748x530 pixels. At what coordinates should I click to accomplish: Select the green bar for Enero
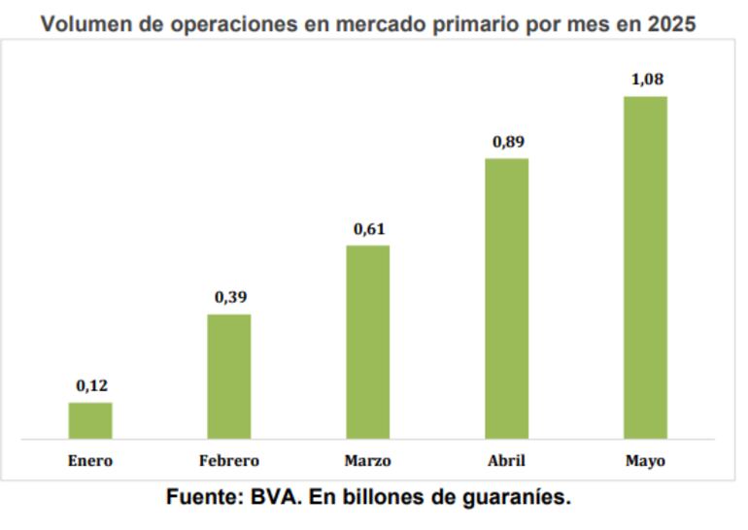coord(90,420)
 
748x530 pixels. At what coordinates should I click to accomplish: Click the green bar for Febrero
coord(229,377)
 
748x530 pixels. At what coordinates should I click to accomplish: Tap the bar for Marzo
coord(368,342)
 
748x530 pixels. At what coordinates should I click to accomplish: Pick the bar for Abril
coord(507,298)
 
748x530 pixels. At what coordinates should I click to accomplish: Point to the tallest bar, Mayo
coord(646,267)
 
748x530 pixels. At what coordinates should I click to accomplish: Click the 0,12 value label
coord(91,386)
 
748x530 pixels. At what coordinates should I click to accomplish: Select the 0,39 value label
coord(230,297)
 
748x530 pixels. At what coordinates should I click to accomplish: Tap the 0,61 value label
coord(369,229)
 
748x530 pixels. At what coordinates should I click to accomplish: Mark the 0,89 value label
coord(508,142)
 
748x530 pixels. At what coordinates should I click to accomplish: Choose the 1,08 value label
coord(647,80)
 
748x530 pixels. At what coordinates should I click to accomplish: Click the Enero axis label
coord(90,461)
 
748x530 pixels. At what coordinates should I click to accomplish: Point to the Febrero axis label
coord(229,461)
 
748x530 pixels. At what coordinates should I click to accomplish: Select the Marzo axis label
coord(368,461)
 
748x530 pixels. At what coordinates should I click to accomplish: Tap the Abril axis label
coord(507,461)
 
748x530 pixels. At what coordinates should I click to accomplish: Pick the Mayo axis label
coord(646,461)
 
